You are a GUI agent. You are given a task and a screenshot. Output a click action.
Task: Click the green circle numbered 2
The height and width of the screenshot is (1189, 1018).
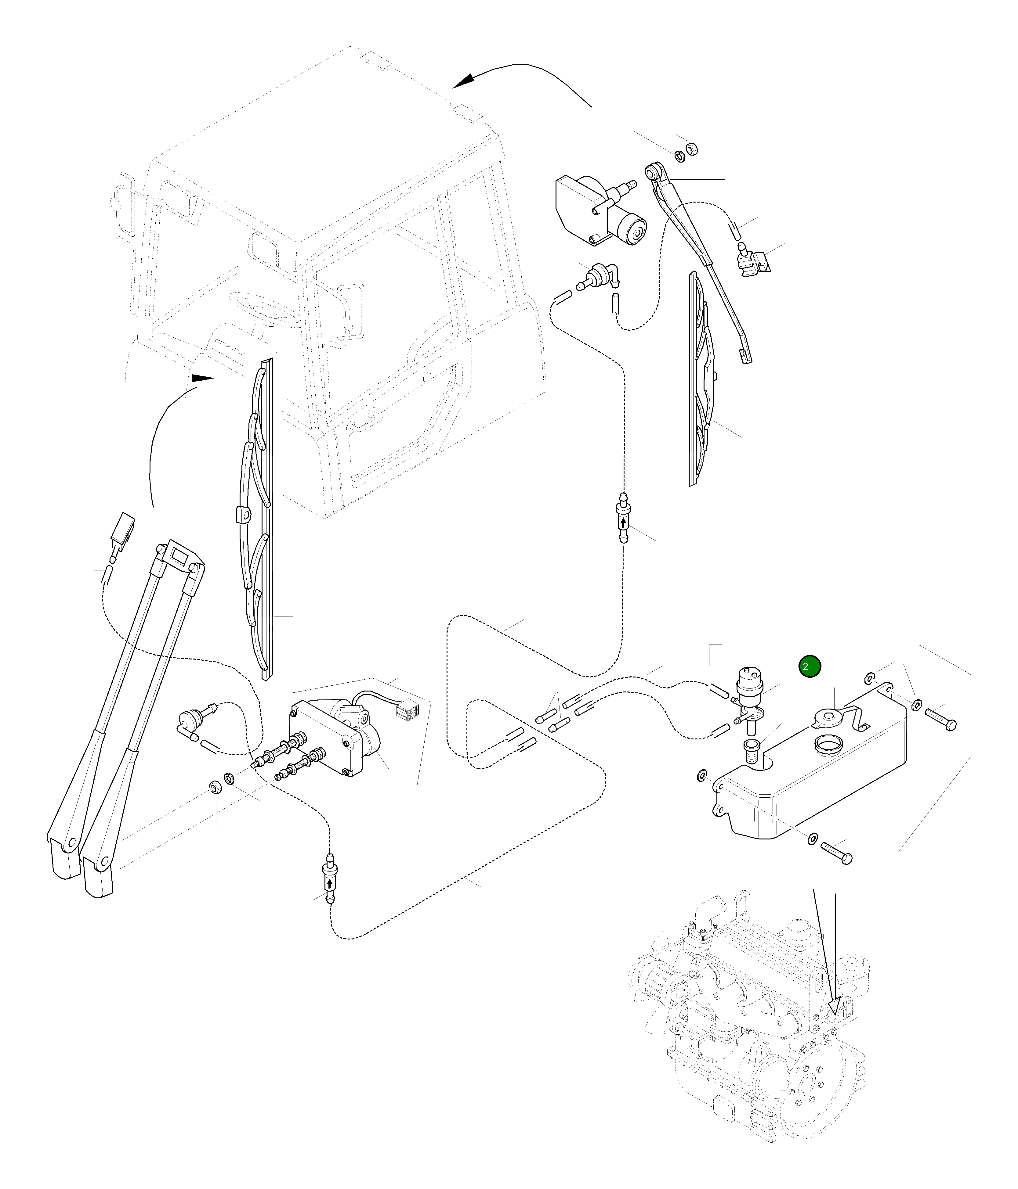(809, 667)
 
